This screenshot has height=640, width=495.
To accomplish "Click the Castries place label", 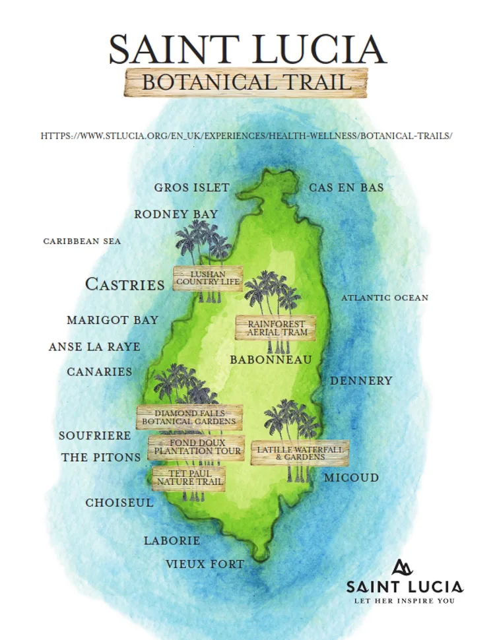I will click(125, 284).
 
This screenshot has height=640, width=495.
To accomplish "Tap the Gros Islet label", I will click(191, 188).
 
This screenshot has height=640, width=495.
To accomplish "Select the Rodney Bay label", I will click(176, 214).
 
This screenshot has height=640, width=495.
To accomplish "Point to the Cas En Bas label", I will click(346, 188).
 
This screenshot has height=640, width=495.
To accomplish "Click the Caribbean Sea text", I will click(82, 241).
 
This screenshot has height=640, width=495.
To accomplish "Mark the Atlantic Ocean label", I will click(384, 298).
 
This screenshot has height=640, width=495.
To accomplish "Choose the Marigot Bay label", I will click(112, 320).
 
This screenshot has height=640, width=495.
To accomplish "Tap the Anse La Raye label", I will click(94, 347).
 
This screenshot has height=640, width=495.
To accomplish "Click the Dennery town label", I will click(361, 381).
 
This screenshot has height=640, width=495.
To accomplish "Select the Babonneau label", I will click(270, 360).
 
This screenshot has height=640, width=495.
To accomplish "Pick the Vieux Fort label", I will click(205, 564).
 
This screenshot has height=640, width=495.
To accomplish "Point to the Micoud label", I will click(351, 477).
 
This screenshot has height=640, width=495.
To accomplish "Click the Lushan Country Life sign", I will click(208, 278).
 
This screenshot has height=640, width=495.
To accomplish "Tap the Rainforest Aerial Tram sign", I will click(276, 328).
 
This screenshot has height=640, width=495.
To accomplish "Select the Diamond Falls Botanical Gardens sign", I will click(189, 417).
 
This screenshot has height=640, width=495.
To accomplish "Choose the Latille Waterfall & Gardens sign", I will click(300, 453).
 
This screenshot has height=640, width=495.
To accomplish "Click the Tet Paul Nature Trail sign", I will click(189, 478).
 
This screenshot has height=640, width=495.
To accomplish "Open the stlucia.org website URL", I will click(246, 135).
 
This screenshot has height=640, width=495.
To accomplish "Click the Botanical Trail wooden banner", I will click(246, 82).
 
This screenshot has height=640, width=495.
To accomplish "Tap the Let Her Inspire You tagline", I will click(404, 601).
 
